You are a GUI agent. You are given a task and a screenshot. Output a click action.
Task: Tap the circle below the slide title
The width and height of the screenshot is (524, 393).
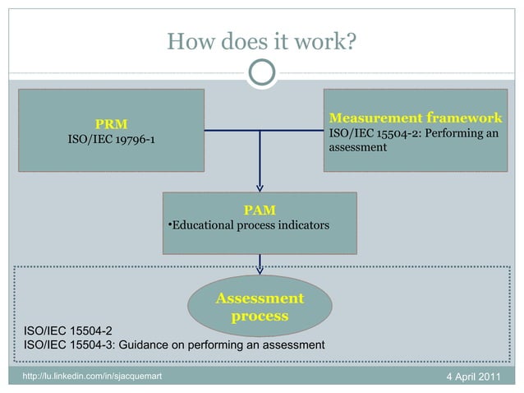pos(261,74)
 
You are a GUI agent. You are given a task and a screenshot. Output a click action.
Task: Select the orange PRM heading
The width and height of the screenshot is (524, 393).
pos(111,124)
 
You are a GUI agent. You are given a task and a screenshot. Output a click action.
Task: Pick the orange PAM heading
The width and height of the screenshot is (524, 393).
pos(260,210)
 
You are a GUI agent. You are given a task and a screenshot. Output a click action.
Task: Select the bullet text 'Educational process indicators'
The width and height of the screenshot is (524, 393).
pos(249,225)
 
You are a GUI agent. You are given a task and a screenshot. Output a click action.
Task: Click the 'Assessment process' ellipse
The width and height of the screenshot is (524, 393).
pos(260,307)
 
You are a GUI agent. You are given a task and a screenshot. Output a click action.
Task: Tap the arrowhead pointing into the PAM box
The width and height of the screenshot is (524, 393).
pos(260,187)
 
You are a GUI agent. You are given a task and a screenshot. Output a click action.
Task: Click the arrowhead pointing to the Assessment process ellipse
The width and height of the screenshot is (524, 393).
pos(260,268)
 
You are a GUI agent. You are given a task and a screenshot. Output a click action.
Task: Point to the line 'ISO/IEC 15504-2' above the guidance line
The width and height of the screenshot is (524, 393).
pos(74,331)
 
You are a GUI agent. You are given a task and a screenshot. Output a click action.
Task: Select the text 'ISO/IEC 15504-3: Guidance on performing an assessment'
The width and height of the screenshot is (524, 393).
pos(175,344)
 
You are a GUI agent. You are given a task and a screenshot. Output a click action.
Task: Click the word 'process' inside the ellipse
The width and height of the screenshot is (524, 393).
pos(260,316)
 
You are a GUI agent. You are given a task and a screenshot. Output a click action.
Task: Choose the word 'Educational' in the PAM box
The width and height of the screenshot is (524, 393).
pos(200,225)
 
